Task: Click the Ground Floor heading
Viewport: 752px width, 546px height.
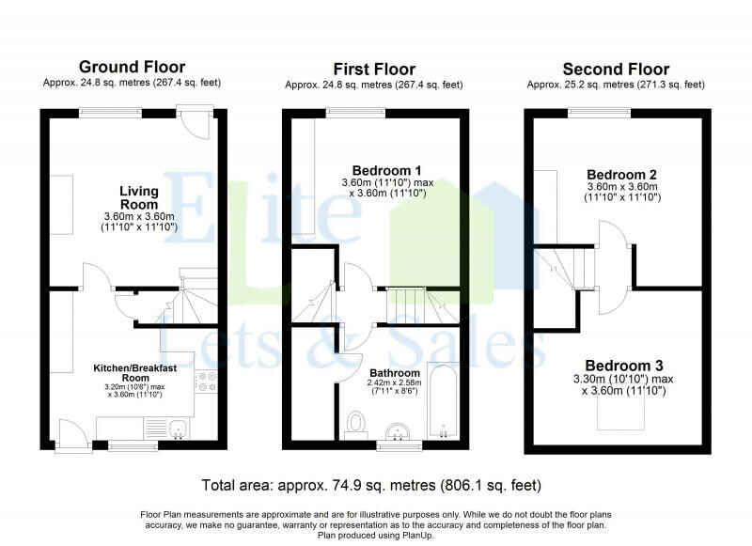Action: coord(132,67)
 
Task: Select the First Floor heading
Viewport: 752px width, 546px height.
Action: coord(374,69)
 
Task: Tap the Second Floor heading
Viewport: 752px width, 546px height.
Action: coord(616,69)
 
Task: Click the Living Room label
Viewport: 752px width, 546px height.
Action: coord(138,197)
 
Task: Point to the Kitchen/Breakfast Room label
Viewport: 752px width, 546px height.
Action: coord(141,371)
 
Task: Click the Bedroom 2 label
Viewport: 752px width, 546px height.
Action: coord(621,174)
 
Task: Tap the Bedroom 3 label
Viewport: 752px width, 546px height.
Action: coord(624,365)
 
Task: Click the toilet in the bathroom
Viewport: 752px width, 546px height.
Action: coord(356,424)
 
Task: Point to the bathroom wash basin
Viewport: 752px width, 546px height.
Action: coord(399,431)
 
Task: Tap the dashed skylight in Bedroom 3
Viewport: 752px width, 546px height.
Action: coord(616,416)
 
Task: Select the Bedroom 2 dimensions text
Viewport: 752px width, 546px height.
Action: coord(621,193)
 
